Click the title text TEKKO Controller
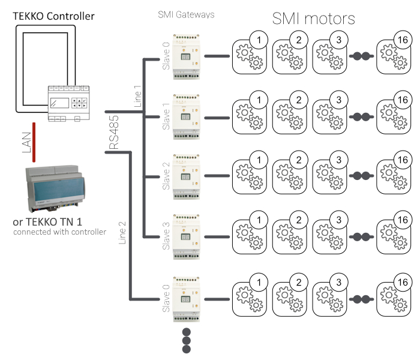[x=54, y=16]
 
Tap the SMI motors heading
[x=314, y=19]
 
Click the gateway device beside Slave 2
[x=187, y=176]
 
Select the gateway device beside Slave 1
[x=187, y=116]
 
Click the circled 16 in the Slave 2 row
[x=403, y=160]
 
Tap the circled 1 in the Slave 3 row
[x=259, y=220]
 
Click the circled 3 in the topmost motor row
[x=340, y=40]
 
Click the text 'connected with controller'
[x=59, y=232]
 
